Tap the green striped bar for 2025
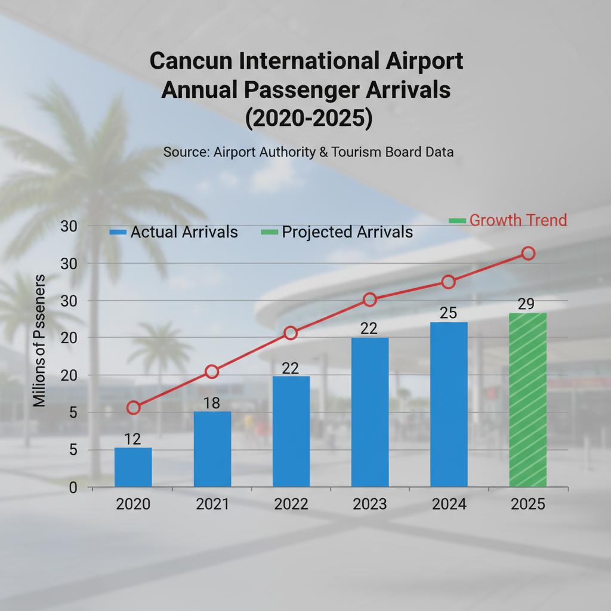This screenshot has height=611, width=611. (527, 400)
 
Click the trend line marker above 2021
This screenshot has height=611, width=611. (212, 372)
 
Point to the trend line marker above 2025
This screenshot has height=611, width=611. (528, 254)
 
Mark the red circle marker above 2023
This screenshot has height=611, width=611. (370, 300)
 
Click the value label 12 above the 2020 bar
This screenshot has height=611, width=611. (132, 440)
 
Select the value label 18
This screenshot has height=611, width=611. (212, 403)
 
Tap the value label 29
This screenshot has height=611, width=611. (526, 304)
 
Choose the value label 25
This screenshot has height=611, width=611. (448, 313)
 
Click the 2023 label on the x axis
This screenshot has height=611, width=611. (370, 504)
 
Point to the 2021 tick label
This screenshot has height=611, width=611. (212, 504)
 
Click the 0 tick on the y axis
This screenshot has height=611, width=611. (73, 487)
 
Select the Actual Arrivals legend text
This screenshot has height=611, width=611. (184, 232)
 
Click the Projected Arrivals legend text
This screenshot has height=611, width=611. (347, 232)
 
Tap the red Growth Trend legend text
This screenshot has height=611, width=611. (518, 220)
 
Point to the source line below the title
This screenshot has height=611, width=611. (308, 152)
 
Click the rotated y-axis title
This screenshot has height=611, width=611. (39, 341)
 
